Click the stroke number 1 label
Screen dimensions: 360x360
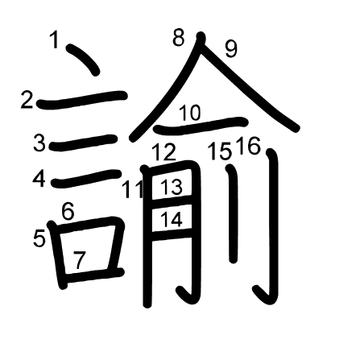[x=55, y=39]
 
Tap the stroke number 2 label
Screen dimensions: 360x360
[x=27, y=100]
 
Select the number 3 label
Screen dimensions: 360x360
[x=39, y=143]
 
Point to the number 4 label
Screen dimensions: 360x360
[x=39, y=179]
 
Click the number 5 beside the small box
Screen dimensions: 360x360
[x=39, y=238]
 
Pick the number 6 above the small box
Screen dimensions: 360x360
[x=68, y=212]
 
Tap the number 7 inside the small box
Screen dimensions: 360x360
[x=79, y=260]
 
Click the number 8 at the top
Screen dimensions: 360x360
[x=179, y=37]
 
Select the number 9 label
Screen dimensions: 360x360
[x=231, y=49]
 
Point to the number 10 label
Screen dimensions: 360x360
[x=190, y=113]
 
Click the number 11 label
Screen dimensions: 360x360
[x=132, y=189]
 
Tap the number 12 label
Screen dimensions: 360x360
[x=164, y=152]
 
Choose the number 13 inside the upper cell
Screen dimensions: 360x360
[x=172, y=187]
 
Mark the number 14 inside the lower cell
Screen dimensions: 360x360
[x=172, y=219]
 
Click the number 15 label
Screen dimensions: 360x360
[x=220, y=151]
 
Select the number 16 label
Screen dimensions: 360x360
[x=249, y=146]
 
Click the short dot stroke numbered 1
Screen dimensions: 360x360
[x=83, y=60]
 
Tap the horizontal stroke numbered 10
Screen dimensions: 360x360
[x=201, y=126]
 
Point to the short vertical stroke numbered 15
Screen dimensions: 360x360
[x=233, y=214]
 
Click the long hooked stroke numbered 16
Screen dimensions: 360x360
[x=273, y=220]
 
